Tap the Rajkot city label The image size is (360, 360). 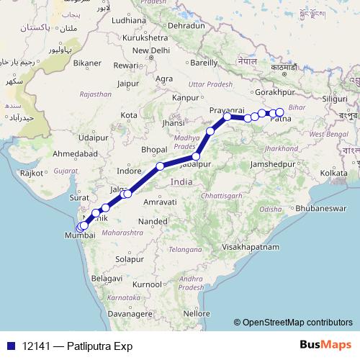click(x=33, y=173)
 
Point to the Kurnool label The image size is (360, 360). click(x=148, y=284)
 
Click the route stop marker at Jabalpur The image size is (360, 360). click(x=195, y=156)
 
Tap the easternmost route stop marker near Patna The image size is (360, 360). click(x=280, y=112)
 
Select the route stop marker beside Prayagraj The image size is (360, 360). click(x=228, y=117)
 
